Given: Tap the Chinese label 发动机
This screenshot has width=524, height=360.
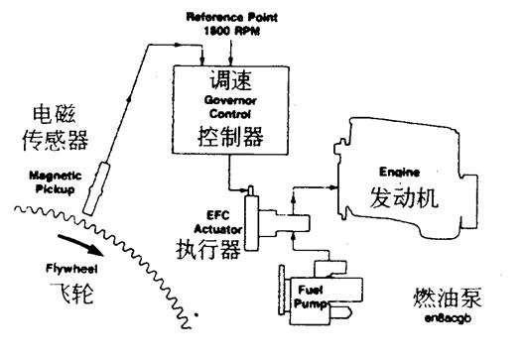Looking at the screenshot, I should pos(403,197).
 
